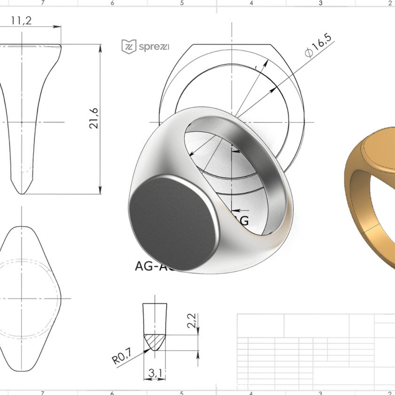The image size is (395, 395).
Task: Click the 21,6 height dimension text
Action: (93, 118)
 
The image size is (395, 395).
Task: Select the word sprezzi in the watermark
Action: (154, 46)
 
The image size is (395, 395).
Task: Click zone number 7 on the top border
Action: (43, 3)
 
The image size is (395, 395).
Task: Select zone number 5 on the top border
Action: (182, 3)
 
